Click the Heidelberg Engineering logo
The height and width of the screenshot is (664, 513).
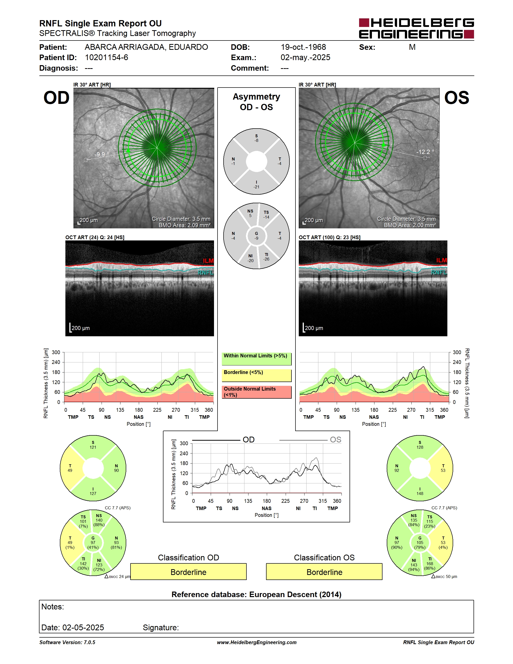click(x=416, y=28)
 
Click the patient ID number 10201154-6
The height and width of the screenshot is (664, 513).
click(x=106, y=57)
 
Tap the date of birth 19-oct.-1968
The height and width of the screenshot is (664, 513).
click(x=303, y=47)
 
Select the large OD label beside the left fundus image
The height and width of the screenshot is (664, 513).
click(x=57, y=98)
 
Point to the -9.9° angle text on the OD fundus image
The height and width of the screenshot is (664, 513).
click(x=102, y=154)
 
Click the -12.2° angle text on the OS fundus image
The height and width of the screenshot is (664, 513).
click(x=425, y=152)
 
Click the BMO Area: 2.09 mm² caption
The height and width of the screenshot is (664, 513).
click(x=185, y=225)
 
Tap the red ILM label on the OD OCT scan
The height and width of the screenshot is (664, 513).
click(x=208, y=261)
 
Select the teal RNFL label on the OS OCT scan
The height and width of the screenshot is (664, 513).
click(x=439, y=272)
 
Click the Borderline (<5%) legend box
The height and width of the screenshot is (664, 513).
click(x=256, y=376)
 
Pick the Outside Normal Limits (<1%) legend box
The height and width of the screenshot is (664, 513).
click(x=256, y=392)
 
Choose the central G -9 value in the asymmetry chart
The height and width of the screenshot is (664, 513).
click(x=256, y=236)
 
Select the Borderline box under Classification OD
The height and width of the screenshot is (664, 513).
click(x=188, y=572)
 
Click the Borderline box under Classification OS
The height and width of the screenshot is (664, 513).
click(x=324, y=572)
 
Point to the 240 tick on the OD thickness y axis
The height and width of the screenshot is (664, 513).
click(x=56, y=362)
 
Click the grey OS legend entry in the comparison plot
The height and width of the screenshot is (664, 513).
click(x=310, y=440)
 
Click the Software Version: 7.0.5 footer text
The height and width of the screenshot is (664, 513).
click(x=67, y=642)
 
